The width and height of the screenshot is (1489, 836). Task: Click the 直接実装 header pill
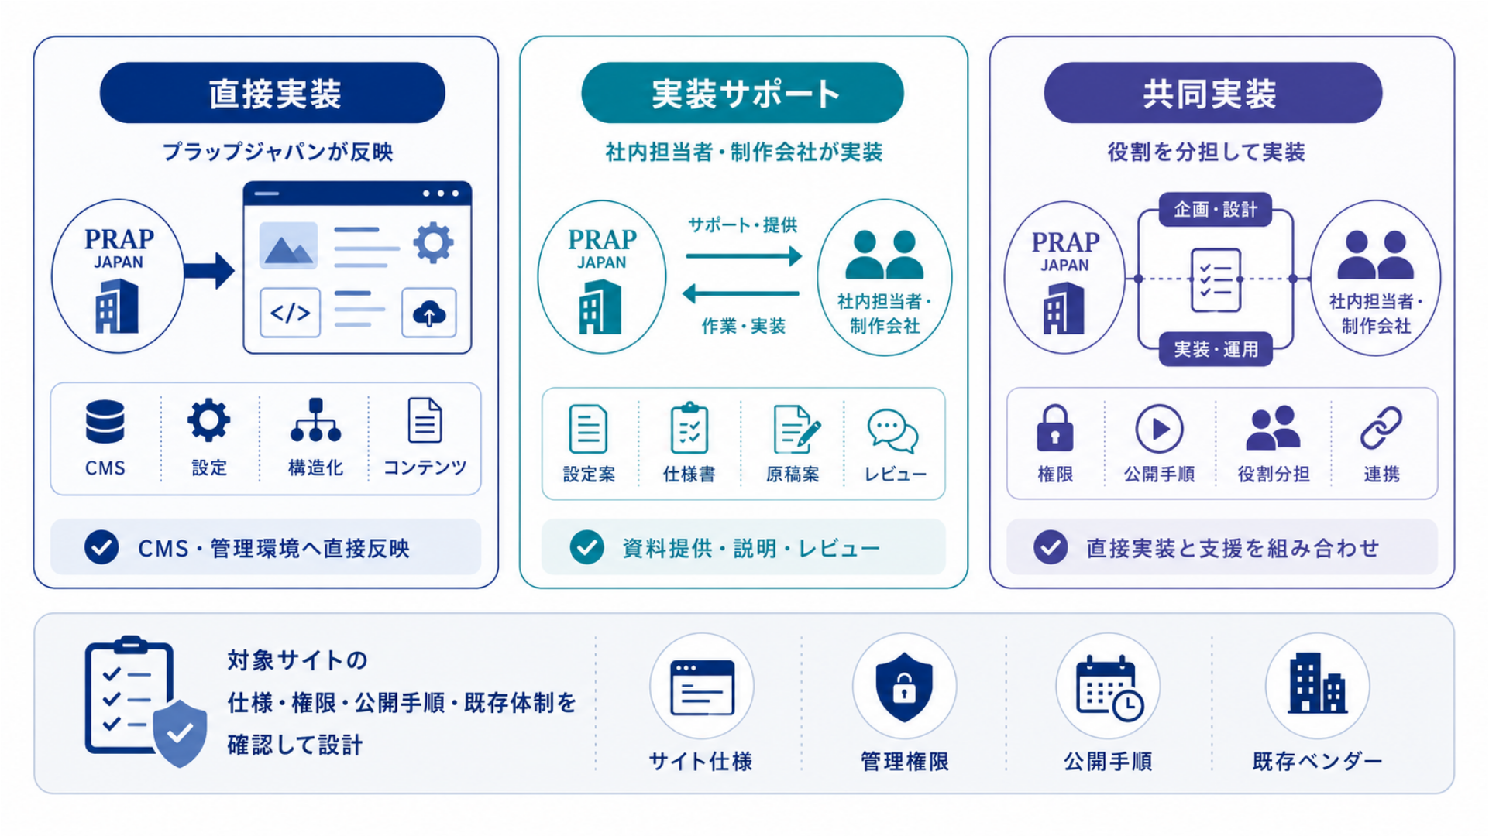pyautogui.click(x=273, y=93)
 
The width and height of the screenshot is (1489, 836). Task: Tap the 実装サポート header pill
pyautogui.click(x=742, y=93)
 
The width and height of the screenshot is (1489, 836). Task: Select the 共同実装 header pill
pyautogui.click(x=1212, y=93)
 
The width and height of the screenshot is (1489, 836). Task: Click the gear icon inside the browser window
pyautogui.click(x=433, y=242)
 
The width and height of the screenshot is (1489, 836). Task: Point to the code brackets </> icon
pyautogui.click(x=290, y=313)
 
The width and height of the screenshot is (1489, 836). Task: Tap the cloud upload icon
pyautogui.click(x=429, y=313)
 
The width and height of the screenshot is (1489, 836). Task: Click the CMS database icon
pyautogui.click(x=105, y=422)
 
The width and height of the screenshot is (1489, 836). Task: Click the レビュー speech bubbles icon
pyautogui.click(x=893, y=430)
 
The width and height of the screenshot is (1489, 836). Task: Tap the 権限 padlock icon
pyautogui.click(x=1055, y=428)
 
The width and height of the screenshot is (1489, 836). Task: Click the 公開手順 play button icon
pyautogui.click(x=1159, y=429)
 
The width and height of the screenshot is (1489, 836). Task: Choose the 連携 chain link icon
pyautogui.click(x=1381, y=428)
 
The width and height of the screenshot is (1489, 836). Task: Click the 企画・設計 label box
pyautogui.click(x=1216, y=209)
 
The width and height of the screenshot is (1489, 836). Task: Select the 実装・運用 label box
pyautogui.click(x=1216, y=349)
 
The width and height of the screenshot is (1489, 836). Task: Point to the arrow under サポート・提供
pyautogui.click(x=744, y=256)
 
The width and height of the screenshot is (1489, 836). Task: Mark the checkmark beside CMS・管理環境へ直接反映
pyautogui.click(x=101, y=547)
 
